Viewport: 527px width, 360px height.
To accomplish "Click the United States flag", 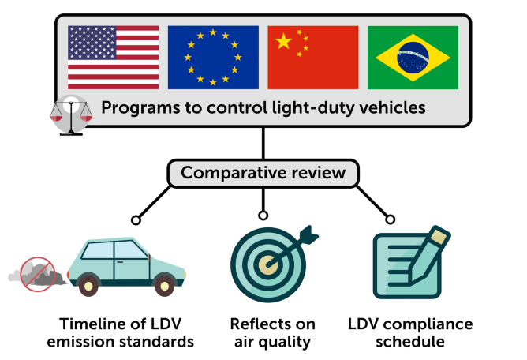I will click(x=113, y=57).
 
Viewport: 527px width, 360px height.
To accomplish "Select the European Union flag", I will click(x=213, y=57).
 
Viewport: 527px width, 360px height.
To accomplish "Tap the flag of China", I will click(x=313, y=57).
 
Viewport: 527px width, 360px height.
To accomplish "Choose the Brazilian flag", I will click(x=413, y=57).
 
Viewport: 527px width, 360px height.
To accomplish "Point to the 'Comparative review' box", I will click(x=263, y=173).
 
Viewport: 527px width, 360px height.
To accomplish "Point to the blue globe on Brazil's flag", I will click(x=413, y=57).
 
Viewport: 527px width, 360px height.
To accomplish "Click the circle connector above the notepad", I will click(x=389, y=219).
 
